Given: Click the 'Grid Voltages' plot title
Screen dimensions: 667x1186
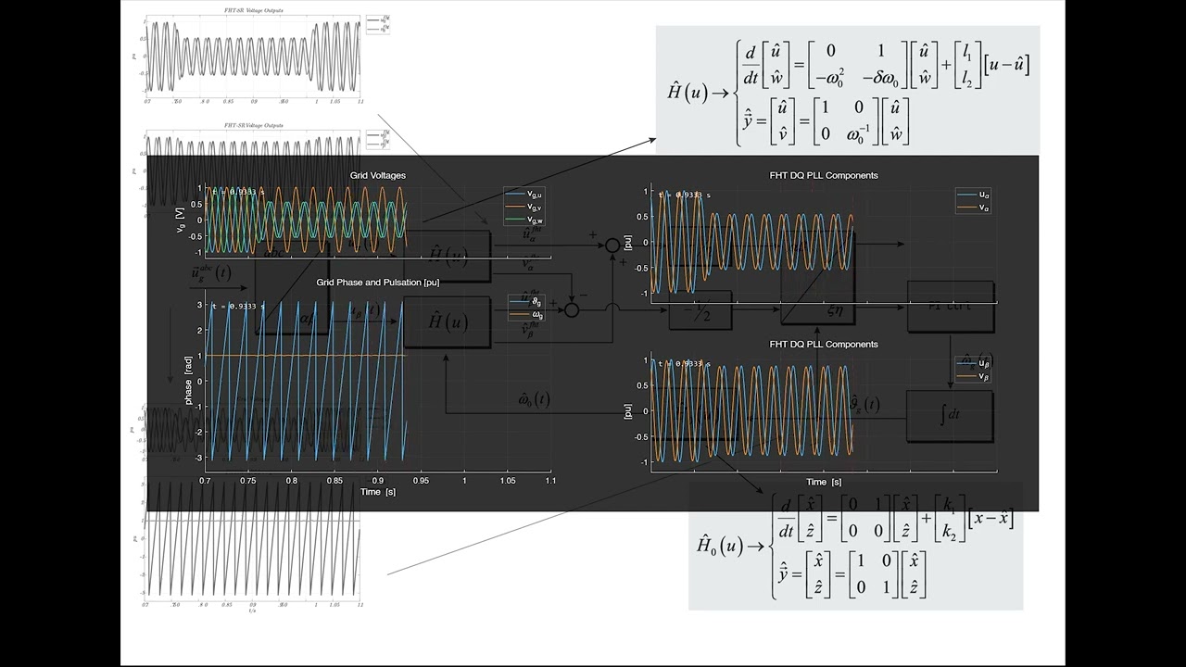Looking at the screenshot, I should pos(377,175).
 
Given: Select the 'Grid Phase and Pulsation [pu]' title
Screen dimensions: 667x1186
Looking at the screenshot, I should pos(377,282).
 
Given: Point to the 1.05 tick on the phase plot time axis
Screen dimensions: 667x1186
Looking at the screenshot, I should pos(508,481).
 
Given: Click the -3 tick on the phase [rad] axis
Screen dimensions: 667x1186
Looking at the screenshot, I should pos(198,458).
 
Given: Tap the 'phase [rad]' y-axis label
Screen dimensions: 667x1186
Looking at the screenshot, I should pos(189,381).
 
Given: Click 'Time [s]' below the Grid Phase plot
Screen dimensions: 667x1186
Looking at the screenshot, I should pos(377,492).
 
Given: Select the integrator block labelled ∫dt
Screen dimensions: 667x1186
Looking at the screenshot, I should pos(950,415).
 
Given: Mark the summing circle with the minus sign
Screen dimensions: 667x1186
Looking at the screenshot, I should pos(572,310).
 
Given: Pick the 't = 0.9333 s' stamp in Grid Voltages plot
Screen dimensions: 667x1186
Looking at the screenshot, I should pos(237,192).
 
